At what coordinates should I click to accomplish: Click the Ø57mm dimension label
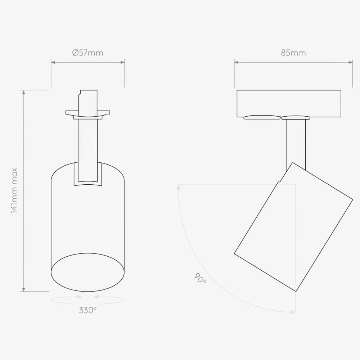coord(87,53)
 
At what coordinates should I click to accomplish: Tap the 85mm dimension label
coord(293,53)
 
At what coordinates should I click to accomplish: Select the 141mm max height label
coord(14,190)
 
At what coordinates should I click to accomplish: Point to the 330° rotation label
coord(88,310)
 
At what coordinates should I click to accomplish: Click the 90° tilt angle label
coord(201,278)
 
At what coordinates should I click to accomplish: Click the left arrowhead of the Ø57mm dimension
coord(53,62)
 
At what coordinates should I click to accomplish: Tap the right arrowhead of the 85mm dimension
coord(351,62)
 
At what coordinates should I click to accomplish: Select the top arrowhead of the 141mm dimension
coord(24,92)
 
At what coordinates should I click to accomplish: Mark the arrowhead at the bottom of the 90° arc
coord(293,312)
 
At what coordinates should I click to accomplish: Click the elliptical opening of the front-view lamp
coord(88,272)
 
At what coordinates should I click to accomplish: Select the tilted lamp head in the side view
coord(293,227)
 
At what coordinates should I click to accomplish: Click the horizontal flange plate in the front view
coord(88,113)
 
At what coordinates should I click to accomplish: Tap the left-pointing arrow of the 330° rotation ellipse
coord(96,297)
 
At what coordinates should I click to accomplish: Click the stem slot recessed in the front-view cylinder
coord(88,175)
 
